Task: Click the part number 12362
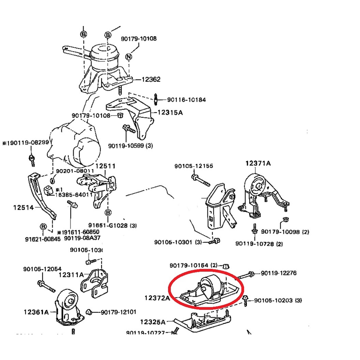point(151,79)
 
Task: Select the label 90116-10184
point(186,100)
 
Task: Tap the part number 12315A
point(170,113)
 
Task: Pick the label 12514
point(24,208)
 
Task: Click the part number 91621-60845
point(40,239)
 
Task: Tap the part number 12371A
point(258,163)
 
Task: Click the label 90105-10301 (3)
point(178,242)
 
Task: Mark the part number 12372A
point(157,298)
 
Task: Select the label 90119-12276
point(279,273)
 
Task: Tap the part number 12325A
point(153,322)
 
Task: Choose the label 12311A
point(71,275)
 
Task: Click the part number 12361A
point(37,311)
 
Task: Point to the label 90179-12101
point(118,312)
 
